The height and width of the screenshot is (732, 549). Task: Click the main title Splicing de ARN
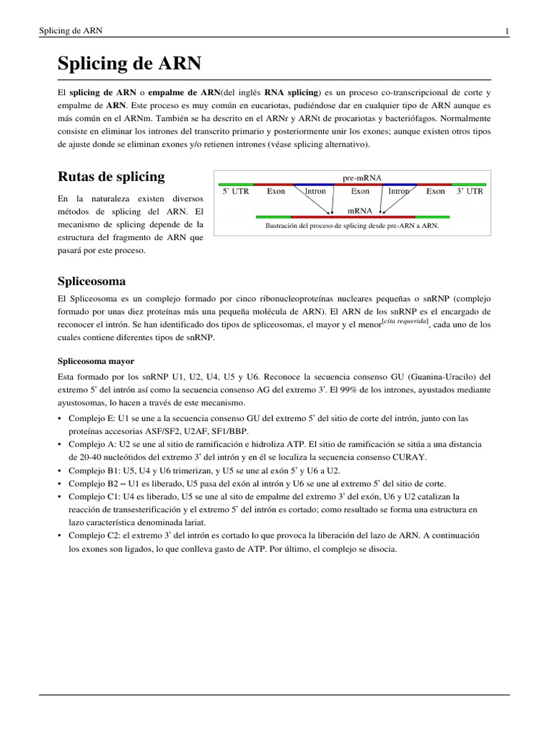click(x=129, y=64)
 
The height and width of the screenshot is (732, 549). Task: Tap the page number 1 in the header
click(x=507, y=31)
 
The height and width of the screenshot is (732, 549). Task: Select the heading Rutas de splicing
click(x=111, y=176)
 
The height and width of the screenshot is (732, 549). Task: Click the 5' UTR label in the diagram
click(x=235, y=192)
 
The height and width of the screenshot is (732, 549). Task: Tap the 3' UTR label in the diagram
click(x=470, y=192)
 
